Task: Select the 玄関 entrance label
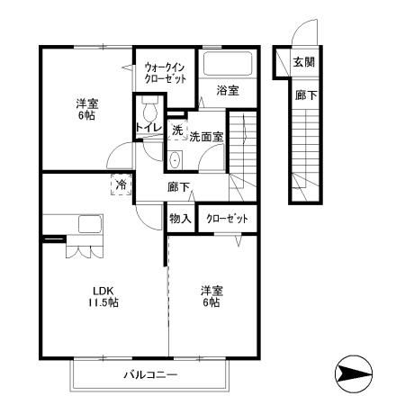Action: click(x=303, y=62)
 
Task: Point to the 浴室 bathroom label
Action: click(x=228, y=90)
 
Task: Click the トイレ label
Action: click(x=148, y=129)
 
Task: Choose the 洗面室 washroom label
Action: click(x=207, y=137)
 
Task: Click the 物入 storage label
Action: click(x=180, y=218)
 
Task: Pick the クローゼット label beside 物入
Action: click(x=225, y=218)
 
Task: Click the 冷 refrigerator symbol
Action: click(x=121, y=186)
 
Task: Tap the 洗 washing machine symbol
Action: click(x=177, y=130)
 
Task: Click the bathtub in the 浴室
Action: click(x=226, y=64)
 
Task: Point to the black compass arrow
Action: click(x=352, y=372)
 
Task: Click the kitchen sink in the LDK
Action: click(x=90, y=225)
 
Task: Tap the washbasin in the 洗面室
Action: click(x=175, y=159)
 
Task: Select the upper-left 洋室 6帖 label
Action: click(x=86, y=110)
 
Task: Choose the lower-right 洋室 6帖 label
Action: click(x=212, y=296)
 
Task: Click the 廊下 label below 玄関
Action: click(x=304, y=94)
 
